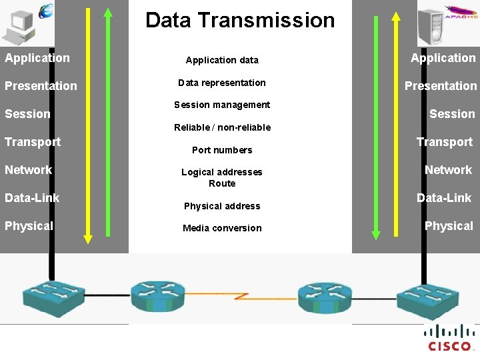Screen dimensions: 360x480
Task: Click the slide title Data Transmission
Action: (240, 20)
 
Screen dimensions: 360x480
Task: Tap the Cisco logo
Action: (450, 337)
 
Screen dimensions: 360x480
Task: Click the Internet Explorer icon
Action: (47, 11)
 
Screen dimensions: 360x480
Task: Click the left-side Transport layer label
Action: (33, 142)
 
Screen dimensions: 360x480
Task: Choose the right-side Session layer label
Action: (452, 114)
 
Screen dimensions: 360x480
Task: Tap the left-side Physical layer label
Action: (29, 226)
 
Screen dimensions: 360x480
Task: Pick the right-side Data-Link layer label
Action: (444, 198)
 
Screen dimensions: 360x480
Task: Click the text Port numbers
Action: (222, 150)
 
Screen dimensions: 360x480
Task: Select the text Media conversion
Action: (222, 228)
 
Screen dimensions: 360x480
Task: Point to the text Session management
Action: (222, 105)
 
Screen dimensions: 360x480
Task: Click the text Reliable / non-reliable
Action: (222, 127)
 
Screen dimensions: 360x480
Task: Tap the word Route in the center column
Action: (222, 183)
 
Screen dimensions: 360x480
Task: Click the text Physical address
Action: (222, 206)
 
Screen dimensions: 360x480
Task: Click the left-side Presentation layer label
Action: (41, 86)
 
